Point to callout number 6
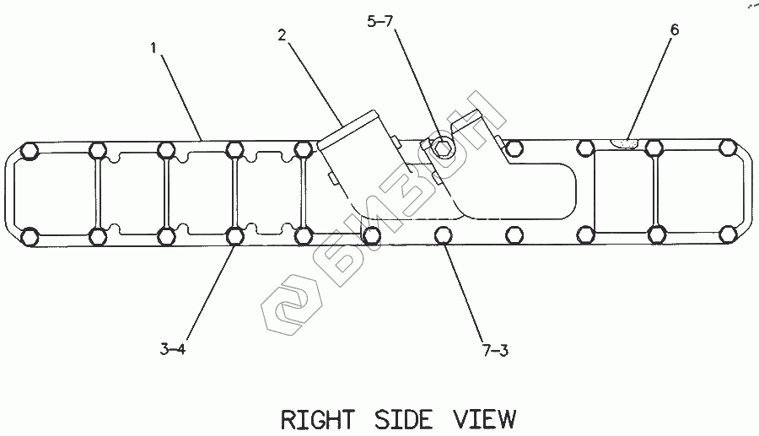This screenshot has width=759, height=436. [674, 30]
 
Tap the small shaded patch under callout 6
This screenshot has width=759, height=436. [624, 143]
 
